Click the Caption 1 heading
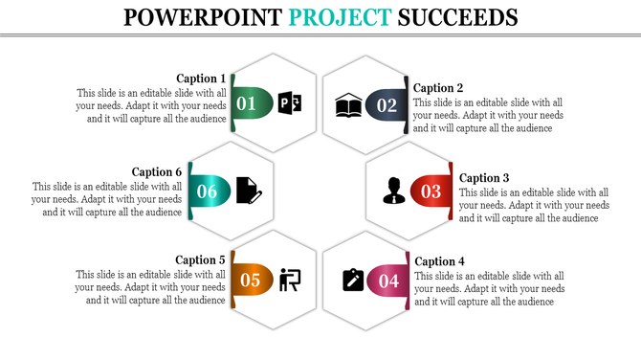202,79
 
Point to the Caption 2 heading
438,88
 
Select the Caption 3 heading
484,177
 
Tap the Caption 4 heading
438,261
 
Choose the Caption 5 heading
201,259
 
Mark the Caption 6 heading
157,172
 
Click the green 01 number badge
248,103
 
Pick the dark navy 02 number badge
385,105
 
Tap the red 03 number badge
431,191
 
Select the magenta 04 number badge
387,281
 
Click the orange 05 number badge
250,280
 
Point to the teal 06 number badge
207,191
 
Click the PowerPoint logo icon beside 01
290,103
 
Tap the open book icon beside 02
348,105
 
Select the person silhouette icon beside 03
393,191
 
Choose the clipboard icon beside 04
353,280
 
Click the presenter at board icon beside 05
290,280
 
